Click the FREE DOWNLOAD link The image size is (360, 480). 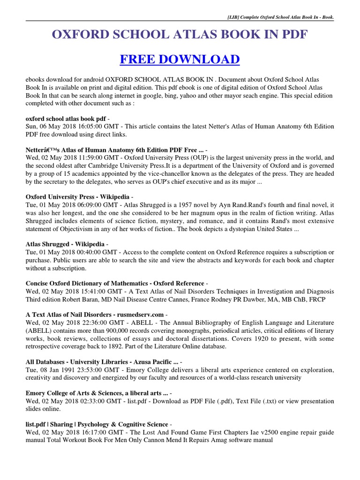pyautogui.click(x=180, y=60)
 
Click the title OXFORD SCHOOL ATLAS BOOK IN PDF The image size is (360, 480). pyautogui.click(x=180, y=35)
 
